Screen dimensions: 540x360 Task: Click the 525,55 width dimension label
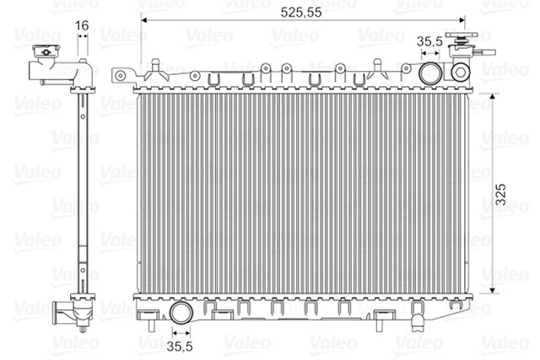(301, 13)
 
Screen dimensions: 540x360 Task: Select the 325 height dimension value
(500, 194)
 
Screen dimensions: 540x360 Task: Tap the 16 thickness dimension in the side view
(82, 25)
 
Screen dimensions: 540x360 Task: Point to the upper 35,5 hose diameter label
(429, 41)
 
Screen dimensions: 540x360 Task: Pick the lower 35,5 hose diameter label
(180, 347)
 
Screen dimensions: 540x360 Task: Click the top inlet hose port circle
(430, 73)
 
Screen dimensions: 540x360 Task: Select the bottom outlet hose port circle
(181, 313)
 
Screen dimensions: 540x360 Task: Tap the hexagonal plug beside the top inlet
(461, 73)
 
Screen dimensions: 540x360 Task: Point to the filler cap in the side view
(46, 51)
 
